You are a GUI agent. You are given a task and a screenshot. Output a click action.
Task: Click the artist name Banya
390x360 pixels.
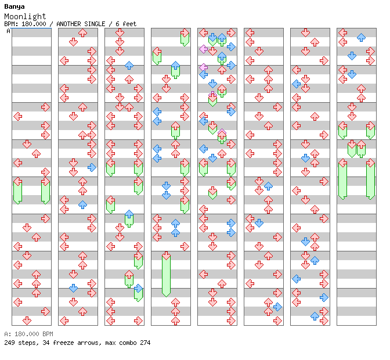click(15, 7)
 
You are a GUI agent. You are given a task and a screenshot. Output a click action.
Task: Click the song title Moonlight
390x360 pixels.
click(25, 16)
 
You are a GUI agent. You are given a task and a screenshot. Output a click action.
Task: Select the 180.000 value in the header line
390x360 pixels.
click(34, 24)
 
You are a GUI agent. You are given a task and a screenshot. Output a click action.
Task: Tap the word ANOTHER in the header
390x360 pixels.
click(68, 24)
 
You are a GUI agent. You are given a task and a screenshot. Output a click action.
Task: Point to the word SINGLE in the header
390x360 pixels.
click(95, 24)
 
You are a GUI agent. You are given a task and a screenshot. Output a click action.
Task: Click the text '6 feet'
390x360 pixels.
click(126, 24)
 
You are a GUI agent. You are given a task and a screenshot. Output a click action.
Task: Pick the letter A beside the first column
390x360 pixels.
click(9, 31)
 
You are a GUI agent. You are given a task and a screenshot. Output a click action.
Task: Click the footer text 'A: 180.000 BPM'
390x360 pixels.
click(28, 334)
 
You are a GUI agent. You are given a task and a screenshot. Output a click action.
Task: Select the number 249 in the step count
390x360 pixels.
click(9, 343)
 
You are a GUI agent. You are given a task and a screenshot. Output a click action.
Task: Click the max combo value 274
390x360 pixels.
click(145, 343)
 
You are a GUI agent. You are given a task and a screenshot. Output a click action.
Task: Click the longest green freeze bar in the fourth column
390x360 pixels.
click(166, 275)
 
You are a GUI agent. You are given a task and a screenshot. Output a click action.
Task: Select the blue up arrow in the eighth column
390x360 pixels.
click(361, 37)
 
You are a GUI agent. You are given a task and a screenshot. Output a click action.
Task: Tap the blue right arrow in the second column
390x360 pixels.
click(92, 167)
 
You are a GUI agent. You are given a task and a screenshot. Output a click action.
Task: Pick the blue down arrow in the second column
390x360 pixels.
click(73, 289)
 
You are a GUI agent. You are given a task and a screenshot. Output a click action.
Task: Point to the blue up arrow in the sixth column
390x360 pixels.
click(268, 186)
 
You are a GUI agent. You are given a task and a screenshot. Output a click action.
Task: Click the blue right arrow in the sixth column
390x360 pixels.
click(277, 307)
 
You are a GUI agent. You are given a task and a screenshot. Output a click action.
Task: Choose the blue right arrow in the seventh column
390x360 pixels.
click(324, 297)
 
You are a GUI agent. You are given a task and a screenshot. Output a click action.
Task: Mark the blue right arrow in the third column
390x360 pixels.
click(138, 289)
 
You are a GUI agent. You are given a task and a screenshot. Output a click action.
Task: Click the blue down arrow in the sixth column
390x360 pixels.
click(259, 223)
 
